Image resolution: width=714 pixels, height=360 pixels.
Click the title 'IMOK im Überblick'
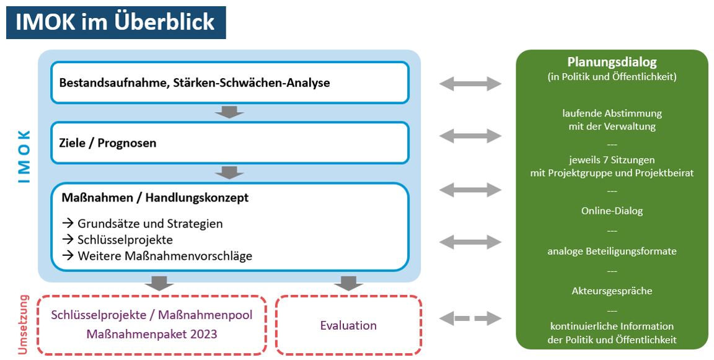[116, 22]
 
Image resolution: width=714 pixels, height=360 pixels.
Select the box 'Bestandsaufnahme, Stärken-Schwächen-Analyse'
[229, 82]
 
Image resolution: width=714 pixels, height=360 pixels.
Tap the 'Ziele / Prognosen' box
[229, 143]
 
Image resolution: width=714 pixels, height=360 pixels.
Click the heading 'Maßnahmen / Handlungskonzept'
[155, 198]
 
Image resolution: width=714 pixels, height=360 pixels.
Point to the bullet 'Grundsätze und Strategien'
[149, 223]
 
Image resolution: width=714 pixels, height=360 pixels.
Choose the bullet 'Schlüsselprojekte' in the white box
[125, 239]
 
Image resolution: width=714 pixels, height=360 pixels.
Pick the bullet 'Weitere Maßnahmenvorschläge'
[164, 255]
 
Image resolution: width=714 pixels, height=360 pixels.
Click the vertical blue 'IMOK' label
[24, 156]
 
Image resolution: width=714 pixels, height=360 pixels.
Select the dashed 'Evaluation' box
[348, 325]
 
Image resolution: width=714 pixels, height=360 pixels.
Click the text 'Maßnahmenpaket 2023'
[152, 334]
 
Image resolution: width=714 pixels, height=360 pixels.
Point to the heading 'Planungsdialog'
[612, 62]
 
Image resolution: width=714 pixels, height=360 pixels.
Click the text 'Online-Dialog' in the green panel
[612, 211]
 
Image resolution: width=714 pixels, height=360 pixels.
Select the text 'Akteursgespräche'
[612, 291]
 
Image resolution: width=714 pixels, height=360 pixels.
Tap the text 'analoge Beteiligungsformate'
[612, 251]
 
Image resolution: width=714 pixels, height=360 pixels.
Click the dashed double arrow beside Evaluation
[470, 319]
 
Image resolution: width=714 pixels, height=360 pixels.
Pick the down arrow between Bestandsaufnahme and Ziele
[229, 112]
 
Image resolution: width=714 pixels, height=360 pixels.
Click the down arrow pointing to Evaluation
[348, 283]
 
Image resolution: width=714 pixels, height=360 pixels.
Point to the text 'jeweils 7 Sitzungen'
[612, 160]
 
